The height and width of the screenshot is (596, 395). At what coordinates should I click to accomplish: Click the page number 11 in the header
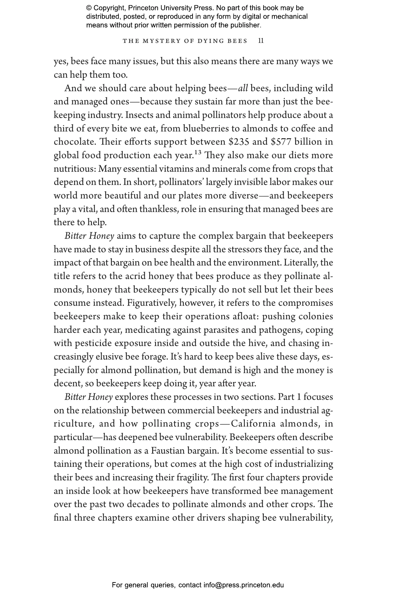[x=261, y=41]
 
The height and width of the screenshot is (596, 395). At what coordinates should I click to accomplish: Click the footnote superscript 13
[x=198, y=152]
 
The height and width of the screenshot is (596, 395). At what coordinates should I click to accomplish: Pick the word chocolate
[x=72, y=142]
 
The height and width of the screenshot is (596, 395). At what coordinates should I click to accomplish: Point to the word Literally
[x=301, y=263]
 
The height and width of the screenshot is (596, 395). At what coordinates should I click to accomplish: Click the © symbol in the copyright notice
[x=89, y=8]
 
